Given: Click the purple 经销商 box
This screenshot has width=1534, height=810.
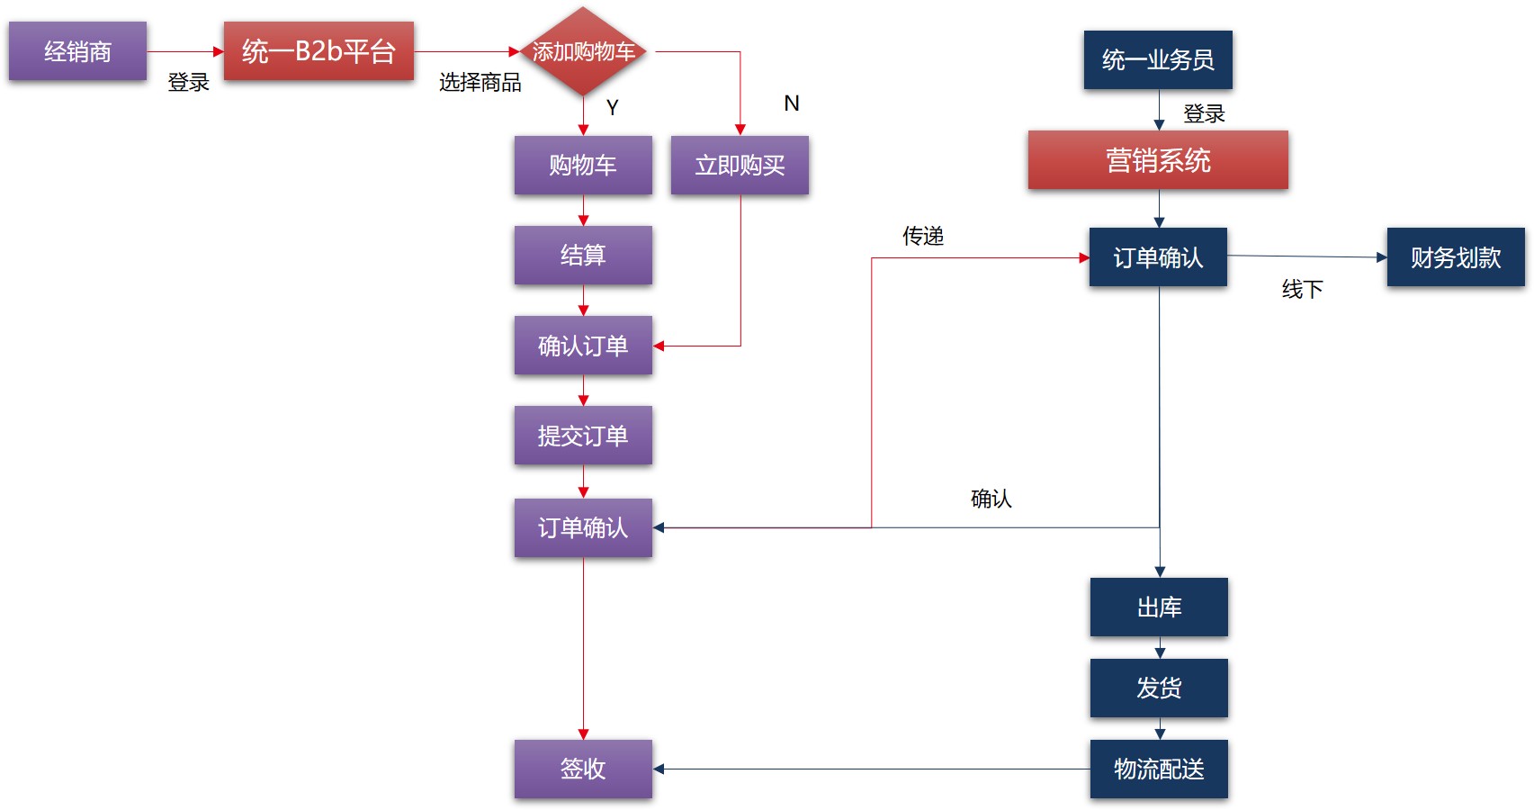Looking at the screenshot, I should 77,51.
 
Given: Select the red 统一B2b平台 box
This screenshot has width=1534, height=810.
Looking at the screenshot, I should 318,51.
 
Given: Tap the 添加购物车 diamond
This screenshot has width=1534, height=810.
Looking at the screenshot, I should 583,51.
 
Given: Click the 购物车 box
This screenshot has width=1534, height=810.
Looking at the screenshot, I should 583,165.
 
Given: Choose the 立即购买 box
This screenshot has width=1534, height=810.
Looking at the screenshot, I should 740,165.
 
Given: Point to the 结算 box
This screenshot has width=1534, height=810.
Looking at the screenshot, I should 583,255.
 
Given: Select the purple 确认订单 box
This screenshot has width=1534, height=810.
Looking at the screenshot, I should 583,346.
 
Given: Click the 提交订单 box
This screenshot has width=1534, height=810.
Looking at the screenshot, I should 583,436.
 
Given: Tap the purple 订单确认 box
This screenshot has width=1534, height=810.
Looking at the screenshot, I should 583,527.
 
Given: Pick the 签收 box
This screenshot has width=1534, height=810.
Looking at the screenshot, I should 583,769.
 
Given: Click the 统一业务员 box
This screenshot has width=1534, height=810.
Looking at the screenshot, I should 1158,59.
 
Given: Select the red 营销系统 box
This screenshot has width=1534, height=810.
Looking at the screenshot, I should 1158,160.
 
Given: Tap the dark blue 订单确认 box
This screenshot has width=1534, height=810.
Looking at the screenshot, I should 1158,257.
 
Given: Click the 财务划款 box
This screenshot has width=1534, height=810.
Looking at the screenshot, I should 1456,257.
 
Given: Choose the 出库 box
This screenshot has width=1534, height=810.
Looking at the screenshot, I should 1159,607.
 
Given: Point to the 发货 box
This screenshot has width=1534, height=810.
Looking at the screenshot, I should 1159,688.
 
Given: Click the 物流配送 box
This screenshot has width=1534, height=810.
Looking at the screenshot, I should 1159,769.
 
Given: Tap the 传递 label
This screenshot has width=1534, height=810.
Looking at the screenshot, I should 923,236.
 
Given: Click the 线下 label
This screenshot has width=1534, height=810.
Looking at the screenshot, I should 1302,289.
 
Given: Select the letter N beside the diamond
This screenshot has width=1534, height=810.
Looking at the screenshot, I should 792,103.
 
